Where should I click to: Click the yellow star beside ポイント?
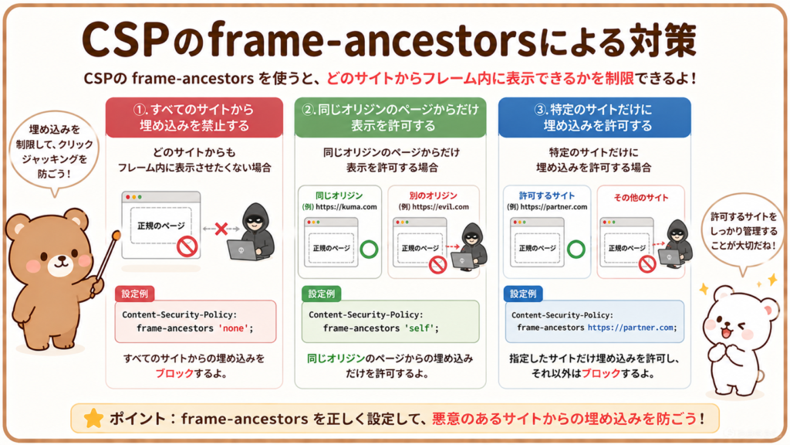93,418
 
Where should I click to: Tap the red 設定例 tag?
134,294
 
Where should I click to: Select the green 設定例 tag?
322,294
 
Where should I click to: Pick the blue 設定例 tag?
523,294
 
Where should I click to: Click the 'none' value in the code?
233,328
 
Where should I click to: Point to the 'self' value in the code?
420,328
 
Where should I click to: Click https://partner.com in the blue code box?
630,328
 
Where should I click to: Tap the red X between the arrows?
221,229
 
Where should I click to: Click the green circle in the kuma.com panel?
369,250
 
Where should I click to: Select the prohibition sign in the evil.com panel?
438,264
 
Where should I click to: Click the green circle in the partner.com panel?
576,250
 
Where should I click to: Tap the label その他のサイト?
641,198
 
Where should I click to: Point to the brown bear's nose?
62,258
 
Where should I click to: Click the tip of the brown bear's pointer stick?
117,234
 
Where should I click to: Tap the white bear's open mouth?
726,333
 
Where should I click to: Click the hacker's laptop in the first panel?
241,250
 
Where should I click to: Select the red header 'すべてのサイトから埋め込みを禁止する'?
194,117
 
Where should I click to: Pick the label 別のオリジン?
434,195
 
